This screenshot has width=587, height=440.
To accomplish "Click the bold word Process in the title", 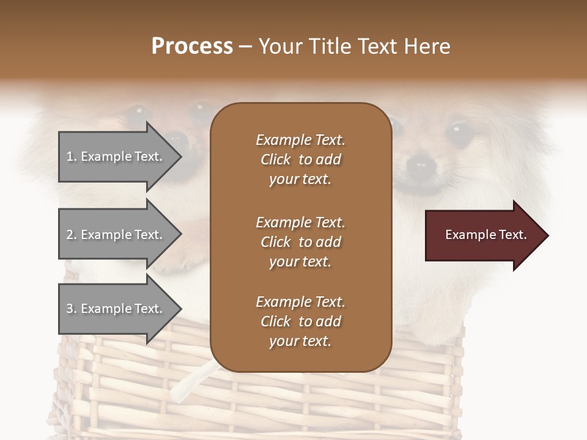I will tap(192, 46).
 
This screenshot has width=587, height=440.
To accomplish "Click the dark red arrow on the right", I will tap(483, 235).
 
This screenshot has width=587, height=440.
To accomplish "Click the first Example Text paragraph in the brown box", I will tap(300, 159).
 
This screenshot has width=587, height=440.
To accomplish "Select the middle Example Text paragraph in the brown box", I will tap(300, 242).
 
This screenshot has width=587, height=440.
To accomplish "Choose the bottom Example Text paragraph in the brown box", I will tap(300, 321).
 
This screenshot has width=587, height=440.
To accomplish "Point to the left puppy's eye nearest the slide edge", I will tap(138, 114).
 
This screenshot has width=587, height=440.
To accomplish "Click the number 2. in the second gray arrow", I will tap(72, 235).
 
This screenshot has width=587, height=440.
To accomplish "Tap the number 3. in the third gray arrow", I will tap(72, 309).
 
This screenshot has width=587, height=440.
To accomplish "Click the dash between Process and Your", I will tap(246, 46).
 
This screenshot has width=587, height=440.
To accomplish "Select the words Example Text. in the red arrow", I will tap(485, 235).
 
